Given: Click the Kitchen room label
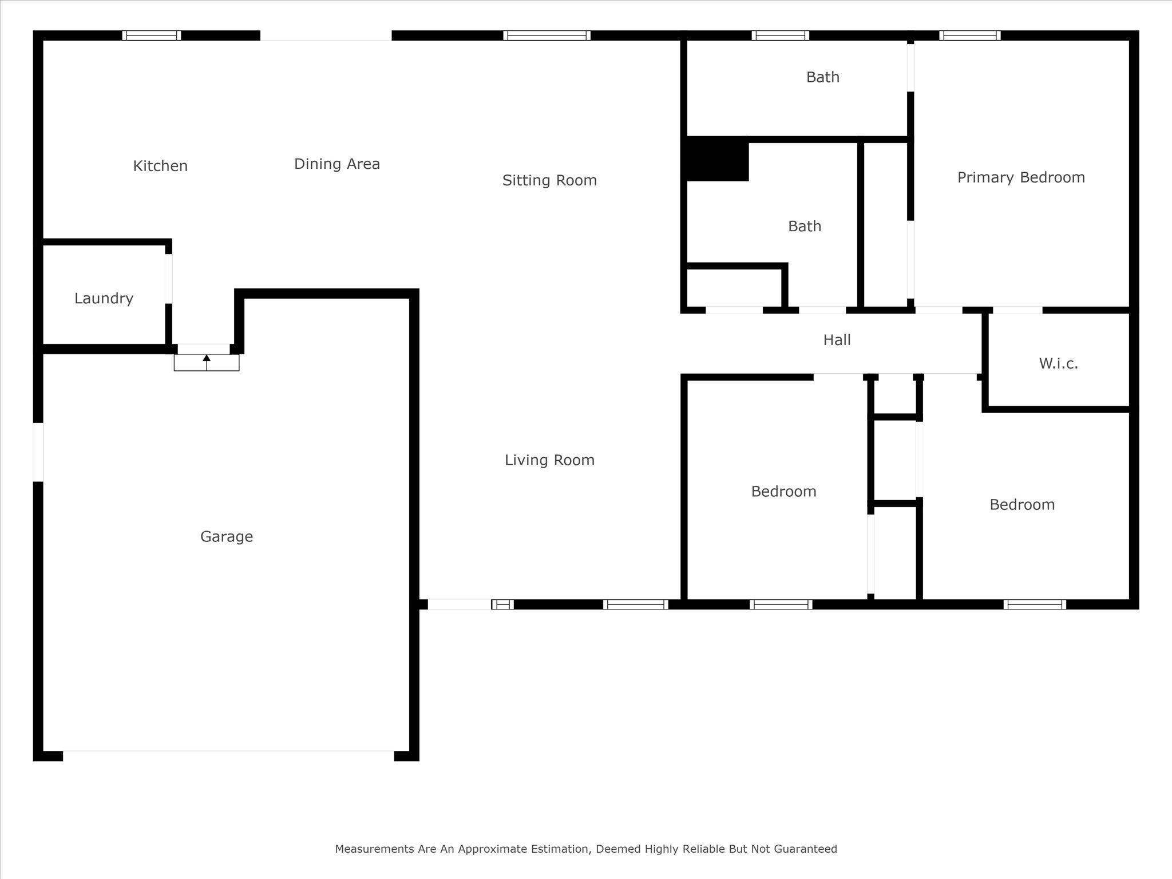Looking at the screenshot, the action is pos(160,166).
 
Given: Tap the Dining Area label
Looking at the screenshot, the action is pos(337,164).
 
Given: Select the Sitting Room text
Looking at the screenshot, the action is pos(549,181).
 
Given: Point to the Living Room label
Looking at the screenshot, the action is pos(549,460).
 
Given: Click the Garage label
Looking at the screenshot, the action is pos(227,537).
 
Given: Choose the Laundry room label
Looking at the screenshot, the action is pos(104,299).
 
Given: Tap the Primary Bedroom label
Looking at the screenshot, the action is pos(1021,178).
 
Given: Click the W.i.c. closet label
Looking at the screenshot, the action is pos(1059,363).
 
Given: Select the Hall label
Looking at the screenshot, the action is pos(837,340).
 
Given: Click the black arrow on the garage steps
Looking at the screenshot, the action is pos(207,362).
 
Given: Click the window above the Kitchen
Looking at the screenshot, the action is pos(152,35).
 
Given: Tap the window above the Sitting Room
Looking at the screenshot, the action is pos(547,35).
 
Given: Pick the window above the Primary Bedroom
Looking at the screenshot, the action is pos(970,35).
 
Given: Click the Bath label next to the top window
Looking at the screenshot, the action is pos(823,77).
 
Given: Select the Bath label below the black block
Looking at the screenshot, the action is pos(805,227).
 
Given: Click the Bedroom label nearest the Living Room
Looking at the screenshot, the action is pos(783,492).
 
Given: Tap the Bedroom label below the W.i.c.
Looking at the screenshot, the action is pos(1022,505).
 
